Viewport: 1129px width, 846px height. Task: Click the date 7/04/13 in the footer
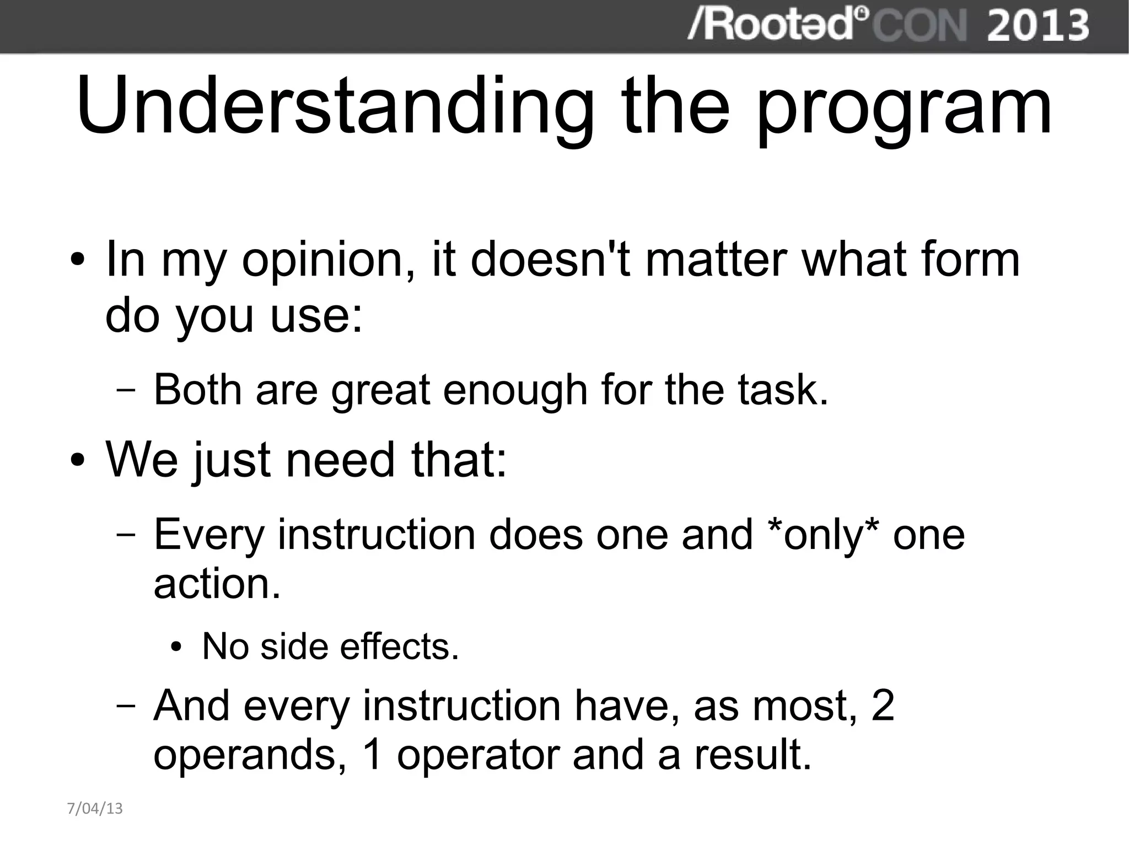tap(95, 809)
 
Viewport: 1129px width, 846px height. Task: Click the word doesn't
tap(550, 258)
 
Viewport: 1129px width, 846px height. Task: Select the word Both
tap(197, 390)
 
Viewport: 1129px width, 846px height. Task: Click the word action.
tap(217, 584)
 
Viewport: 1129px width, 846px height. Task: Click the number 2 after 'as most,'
tap(883, 705)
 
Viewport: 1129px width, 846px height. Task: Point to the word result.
tap(752, 755)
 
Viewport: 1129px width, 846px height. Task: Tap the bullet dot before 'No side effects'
tap(176, 647)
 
